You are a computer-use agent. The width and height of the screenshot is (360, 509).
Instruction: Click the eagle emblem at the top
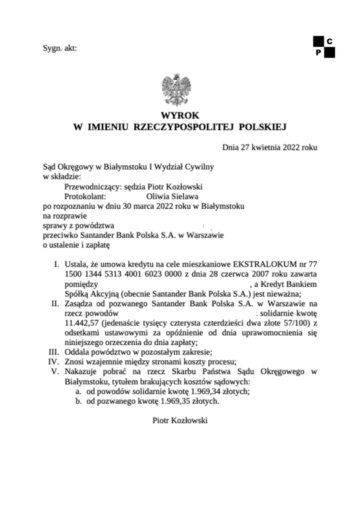[x=176, y=90]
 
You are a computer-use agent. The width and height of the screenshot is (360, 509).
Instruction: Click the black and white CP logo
[x=324, y=46]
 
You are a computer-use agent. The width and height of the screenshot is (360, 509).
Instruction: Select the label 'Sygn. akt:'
[x=60, y=48]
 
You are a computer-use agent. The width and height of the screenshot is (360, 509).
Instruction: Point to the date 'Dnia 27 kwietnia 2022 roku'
[x=269, y=147]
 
